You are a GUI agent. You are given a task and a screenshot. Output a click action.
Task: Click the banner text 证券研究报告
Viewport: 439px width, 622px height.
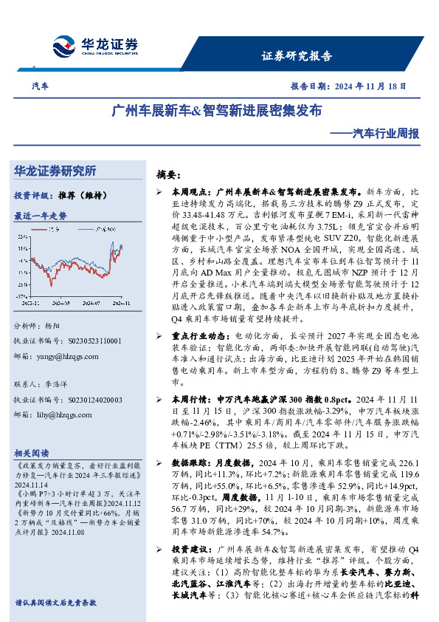click(297, 56)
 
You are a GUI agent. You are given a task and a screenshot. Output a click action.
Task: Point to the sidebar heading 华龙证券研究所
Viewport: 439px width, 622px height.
click(55, 171)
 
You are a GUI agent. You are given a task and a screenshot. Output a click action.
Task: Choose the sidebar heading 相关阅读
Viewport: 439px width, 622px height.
click(31, 453)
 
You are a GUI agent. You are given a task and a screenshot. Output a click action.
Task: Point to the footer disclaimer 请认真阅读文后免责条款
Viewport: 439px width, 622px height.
click(55, 603)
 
